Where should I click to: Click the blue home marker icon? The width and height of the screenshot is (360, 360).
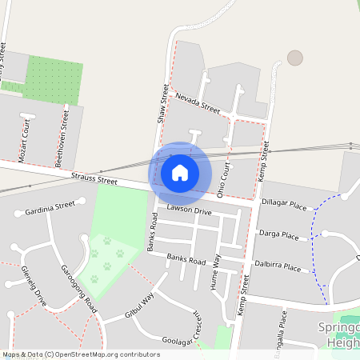pos(180,172)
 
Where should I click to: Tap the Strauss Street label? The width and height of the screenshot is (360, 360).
pos(94,181)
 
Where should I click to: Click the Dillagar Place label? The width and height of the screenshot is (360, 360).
pos(284,206)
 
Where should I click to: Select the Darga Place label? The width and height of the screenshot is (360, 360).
pos(278,236)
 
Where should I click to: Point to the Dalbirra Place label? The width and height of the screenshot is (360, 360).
pos(278,266)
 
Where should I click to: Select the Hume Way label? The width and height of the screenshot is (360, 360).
pos(214,280)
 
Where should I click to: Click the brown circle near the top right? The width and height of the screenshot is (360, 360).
pos(295,58)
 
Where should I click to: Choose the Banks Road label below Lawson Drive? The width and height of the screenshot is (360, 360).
pos(186,260)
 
